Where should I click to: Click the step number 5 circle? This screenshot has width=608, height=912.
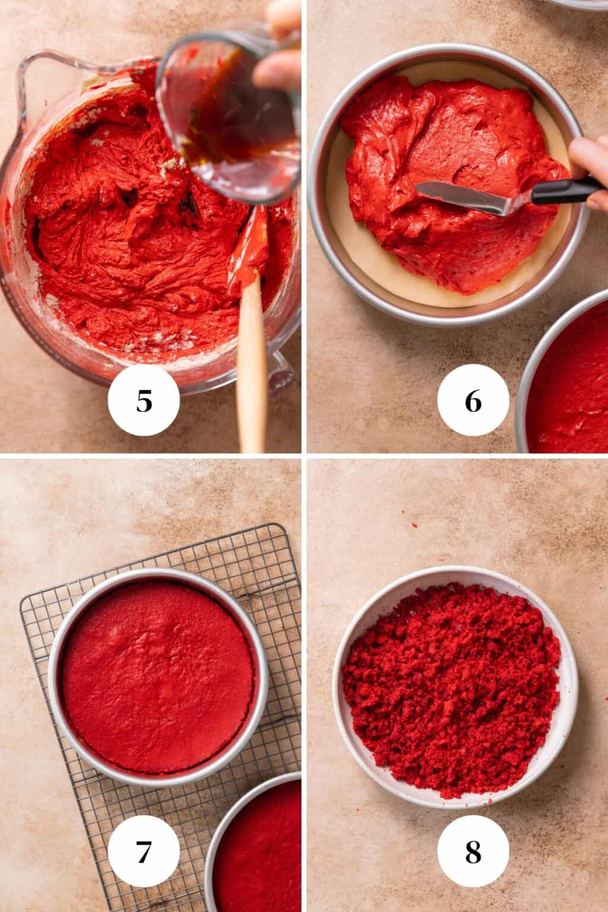(x=144, y=402)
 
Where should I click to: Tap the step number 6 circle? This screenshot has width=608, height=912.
(x=473, y=402)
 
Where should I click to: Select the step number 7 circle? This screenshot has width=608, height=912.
(x=144, y=853)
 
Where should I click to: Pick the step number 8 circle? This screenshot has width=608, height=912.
(x=473, y=853)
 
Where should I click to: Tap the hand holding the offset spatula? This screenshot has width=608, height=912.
(x=591, y=172)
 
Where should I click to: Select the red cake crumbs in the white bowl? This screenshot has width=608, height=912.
(x=451, y=689)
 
